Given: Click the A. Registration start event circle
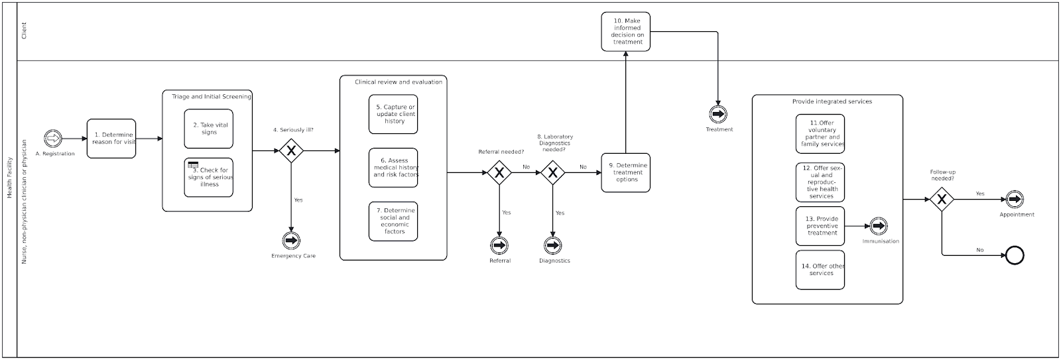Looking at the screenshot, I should pyautogui.click(x=52, y=139).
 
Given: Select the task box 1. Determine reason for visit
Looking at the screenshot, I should pyautogui.click(x=111, y=139).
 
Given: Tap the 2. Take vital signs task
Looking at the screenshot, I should pyautogui.click(x=209, y=129).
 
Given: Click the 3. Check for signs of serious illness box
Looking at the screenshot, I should pyautogui.click(x=209, y=178).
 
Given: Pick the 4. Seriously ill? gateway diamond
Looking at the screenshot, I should pyautogui.click(x=290, y=151).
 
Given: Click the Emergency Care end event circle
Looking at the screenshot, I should pyautogui.click(x=290, y=241).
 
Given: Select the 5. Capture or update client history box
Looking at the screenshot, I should pyautogui.click(x=393, y=114).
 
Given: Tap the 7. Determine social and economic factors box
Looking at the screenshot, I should pyautogui.click(x=393, y=221).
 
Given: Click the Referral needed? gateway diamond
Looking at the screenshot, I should pyautogui.click(x=499, y=173).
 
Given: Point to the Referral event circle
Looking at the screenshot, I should pyautogui.click(x=499, y=245).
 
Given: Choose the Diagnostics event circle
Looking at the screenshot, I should pyautogui.click(x=553, y=245).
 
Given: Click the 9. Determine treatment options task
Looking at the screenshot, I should pyautogui.click(x=625, y=172).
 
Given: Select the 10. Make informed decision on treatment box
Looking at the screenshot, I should pyautogui.click(x=626, y=31).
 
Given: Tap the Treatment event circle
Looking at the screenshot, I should pyautogui.click(x=718, y=114).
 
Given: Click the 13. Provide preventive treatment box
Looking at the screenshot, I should pyautogui.click(x=820, y=226).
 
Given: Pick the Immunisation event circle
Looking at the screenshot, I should pyautogui.click(x=879, y=226).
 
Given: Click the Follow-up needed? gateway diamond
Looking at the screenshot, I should pyautogui.click(x=941, y=200).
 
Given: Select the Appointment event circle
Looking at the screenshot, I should pyautogui.click(x=1015, y=199).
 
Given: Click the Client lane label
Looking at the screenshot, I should pyautogui.click(x=25, y=30).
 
